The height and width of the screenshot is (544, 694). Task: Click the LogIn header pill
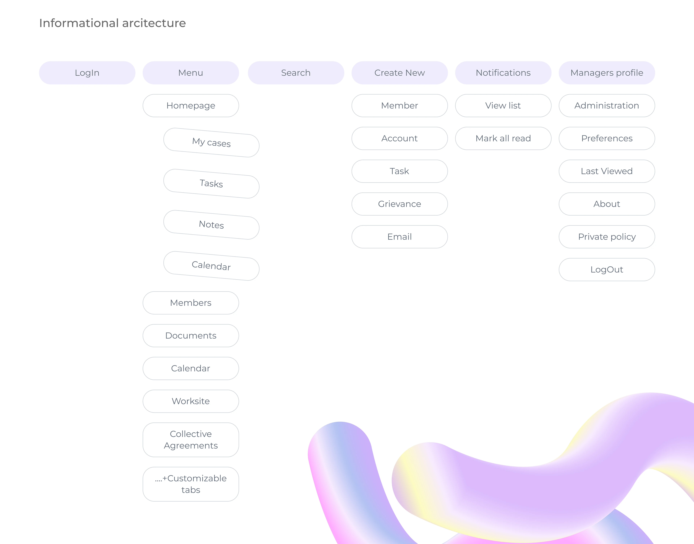click(x=87, y=73)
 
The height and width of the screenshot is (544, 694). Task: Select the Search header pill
click(x=296, y=73)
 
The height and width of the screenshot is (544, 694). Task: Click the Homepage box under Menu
click(x=191, y=106)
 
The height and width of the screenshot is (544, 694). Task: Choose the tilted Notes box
click(x=211, y=225)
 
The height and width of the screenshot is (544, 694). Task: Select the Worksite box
click(x=191, y=401)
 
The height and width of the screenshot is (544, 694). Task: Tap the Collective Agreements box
click(x=191, y=440)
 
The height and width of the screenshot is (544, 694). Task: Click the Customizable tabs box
click(x=191, y=484)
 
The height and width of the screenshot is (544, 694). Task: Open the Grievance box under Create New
click(x=399, y=204)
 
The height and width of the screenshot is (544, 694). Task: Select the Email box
click(x=399, y=237)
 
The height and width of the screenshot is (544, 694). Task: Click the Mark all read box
click(x=503, y=139)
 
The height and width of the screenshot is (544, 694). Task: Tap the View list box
click(x=503, y=106)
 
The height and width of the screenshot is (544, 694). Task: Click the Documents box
click(x=191, y=336)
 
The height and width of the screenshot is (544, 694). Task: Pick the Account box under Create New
click(x=399, y=139)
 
